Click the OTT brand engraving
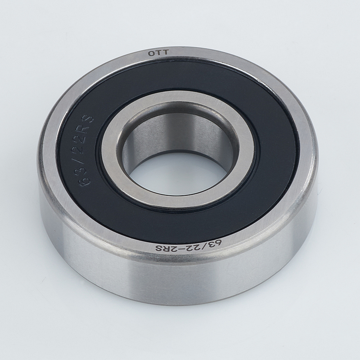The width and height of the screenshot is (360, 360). point(158,53)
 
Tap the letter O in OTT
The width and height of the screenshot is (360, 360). point(151,54)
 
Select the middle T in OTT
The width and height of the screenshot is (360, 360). point(159,53)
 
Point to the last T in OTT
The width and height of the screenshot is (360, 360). point(166,53)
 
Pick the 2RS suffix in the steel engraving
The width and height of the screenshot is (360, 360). point(164,248)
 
